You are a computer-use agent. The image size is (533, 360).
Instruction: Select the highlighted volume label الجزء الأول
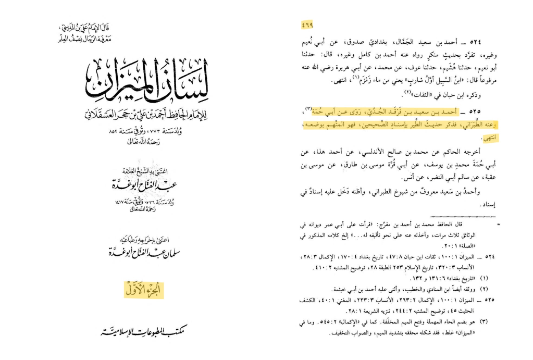tap(144, 290)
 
